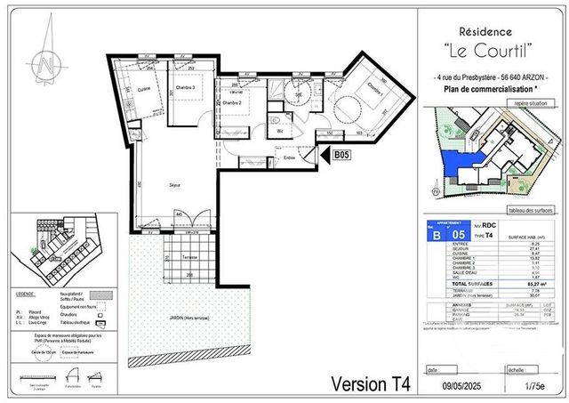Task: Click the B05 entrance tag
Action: pos(342,155)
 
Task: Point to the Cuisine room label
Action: pos(145,88)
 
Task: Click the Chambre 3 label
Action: pos(183,88)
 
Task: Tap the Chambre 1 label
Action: pos(374,90)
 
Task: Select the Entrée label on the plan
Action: pos(289,158)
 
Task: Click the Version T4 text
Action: pos(372,385)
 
